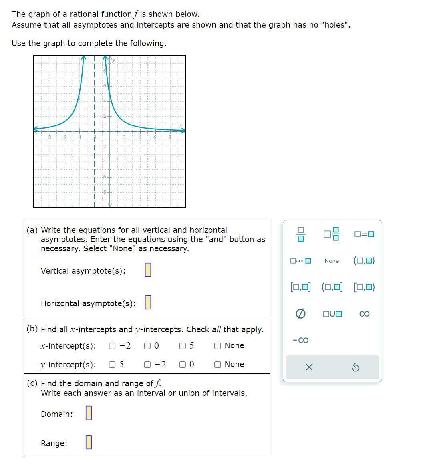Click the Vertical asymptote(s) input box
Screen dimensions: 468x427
click(148, 270)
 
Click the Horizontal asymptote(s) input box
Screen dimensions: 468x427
click(148, 302)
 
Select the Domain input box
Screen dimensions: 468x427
click(89, 413)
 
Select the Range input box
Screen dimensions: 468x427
click(89, 442)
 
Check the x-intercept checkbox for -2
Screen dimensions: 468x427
click(112, 346)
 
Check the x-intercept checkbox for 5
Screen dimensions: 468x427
click(183, 346)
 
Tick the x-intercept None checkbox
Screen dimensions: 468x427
click(218, 346)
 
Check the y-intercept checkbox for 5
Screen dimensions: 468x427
click(112, 365)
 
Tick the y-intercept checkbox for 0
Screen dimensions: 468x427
click(183, 365)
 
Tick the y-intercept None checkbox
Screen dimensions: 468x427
click(218, 365)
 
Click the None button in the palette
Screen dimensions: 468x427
click(332, 261)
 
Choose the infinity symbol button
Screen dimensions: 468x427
click(364, 314)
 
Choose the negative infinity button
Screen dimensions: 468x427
click(300, 340)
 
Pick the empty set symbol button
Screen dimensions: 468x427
click(300, 314)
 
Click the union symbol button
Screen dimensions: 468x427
click(332, 314)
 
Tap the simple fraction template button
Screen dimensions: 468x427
click(300, 234)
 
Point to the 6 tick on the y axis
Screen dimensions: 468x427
click(105, 86)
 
